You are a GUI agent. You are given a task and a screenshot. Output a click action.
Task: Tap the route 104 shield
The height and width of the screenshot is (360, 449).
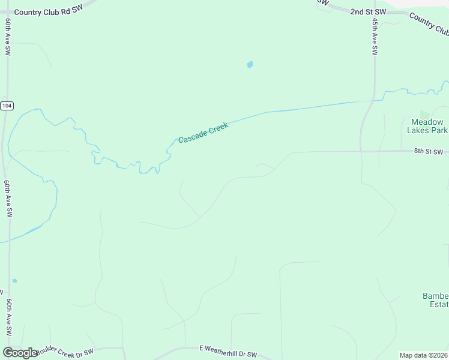click(7, 106)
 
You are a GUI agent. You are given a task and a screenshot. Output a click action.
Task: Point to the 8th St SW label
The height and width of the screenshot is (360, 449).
click(428, 152)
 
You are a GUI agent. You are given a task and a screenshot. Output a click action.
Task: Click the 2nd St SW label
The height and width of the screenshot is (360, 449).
click(367, 11)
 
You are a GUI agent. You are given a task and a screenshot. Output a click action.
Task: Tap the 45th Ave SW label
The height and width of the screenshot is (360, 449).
click(375, 36)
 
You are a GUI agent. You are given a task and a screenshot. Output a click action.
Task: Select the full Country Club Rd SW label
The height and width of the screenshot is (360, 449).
click(48, 11)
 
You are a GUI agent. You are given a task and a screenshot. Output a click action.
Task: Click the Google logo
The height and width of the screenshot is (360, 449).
click(20, 353)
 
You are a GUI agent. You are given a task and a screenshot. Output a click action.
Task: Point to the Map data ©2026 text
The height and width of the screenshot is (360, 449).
click(424, 355)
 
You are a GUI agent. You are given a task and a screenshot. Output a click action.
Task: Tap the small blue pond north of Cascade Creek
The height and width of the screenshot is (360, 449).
click(250, 64)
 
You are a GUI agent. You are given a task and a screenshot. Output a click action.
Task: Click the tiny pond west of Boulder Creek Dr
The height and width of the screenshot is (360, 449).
click(14, 280)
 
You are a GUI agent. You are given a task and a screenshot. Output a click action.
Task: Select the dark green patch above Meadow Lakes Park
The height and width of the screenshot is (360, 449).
click(425, 113)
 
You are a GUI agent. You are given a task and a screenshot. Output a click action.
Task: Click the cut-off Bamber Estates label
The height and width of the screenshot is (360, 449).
click(435, 300)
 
